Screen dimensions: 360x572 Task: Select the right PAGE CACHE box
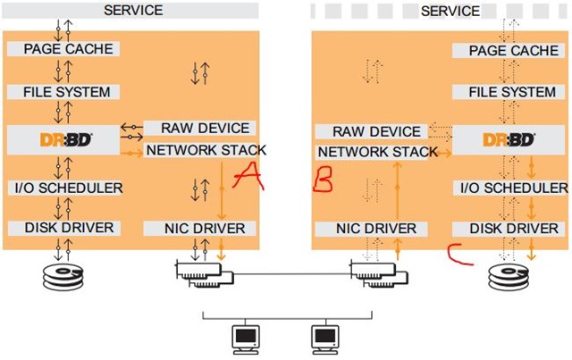(513, 51)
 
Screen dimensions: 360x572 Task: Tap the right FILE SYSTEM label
(513, 92)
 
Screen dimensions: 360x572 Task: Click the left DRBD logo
(66, 139)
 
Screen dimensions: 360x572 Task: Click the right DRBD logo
(509, 139)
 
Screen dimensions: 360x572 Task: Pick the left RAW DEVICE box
(197, 129)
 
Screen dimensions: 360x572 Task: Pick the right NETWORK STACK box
(378, 152)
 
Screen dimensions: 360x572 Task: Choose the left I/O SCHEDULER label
(68, 188)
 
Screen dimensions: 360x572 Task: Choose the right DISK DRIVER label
(513, 229)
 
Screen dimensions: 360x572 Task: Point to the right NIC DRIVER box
(374, 229)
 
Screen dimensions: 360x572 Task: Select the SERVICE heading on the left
(133, 10)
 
